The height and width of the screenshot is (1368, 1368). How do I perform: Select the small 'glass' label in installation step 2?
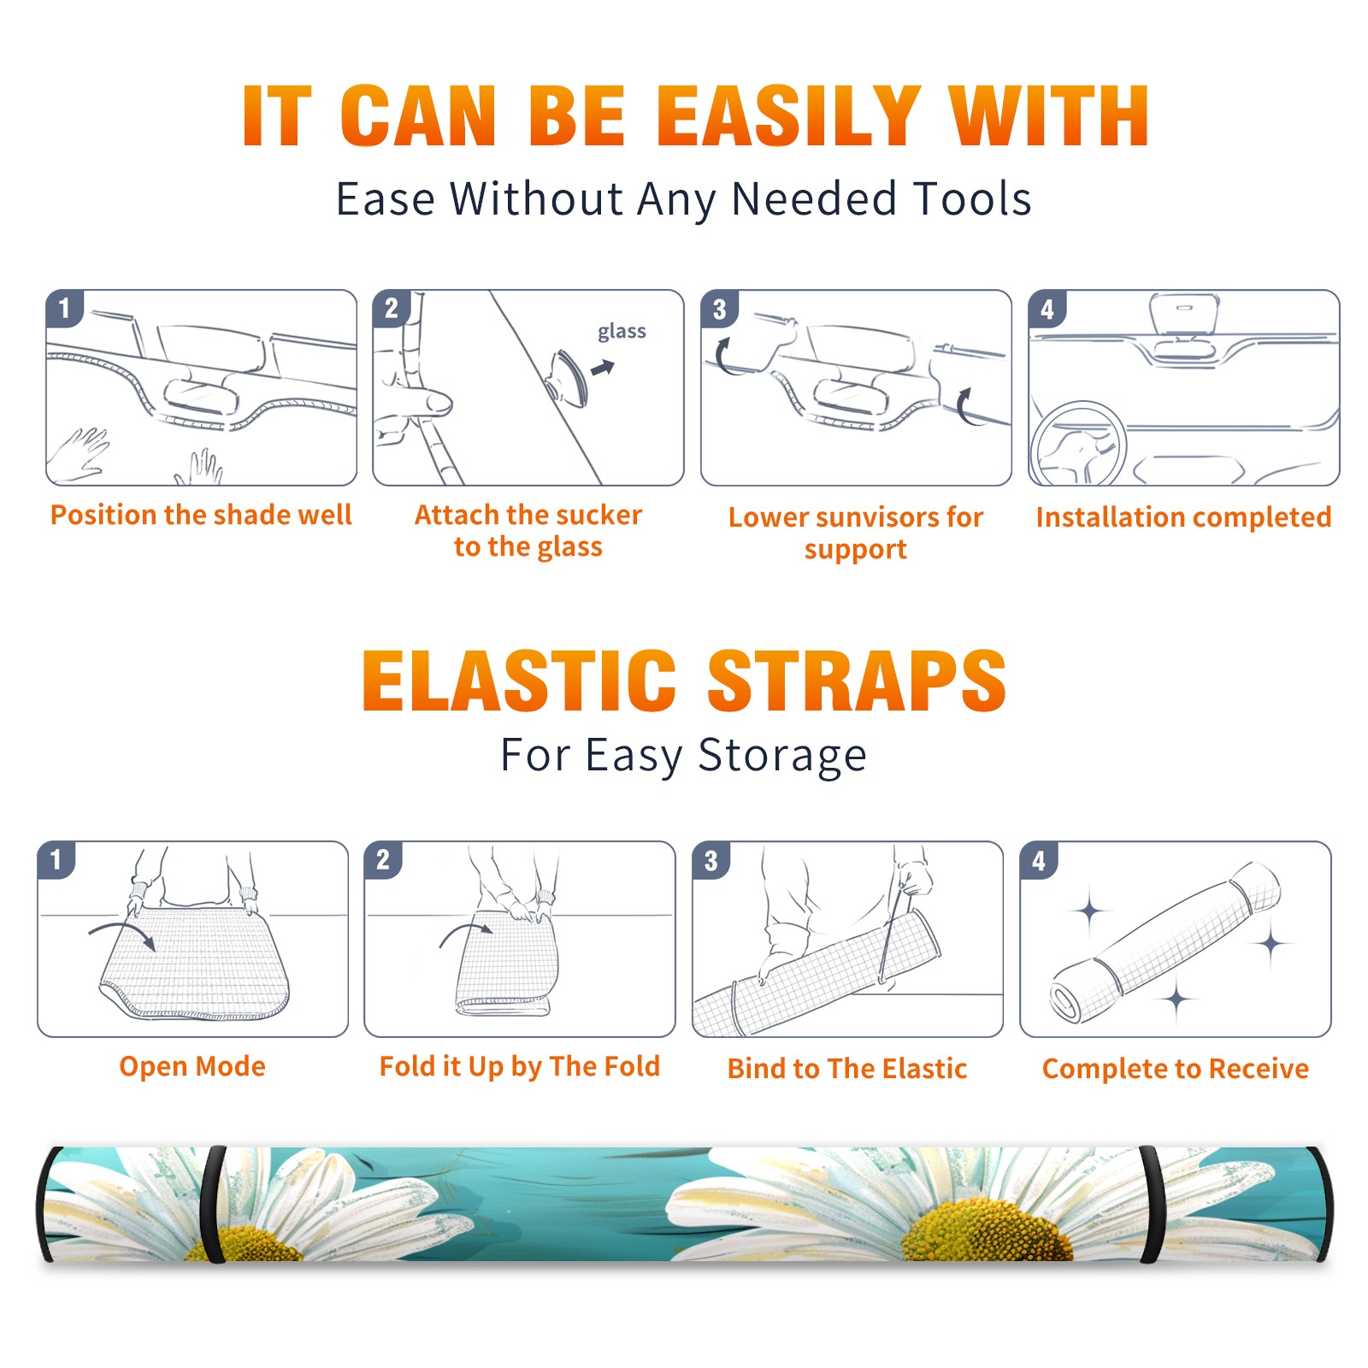(x=622, y=332)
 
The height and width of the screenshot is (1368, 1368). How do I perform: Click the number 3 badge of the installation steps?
(x=719, y=309)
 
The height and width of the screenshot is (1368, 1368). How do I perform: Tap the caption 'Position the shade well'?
(x=201, y=515)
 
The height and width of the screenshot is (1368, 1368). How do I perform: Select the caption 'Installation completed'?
(x=1183, y=517)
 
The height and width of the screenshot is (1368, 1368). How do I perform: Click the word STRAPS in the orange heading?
(x=857, y=681)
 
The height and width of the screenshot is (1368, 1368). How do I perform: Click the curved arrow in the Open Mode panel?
(x=123, y=931)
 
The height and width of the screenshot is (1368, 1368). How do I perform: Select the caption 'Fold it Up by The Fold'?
(x=520, y=1067)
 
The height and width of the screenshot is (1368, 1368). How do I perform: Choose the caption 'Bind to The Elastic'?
(x=847, y=1069)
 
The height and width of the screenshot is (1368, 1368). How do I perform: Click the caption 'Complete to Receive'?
(x=1176, y=1069)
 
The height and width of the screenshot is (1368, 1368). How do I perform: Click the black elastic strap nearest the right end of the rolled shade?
(x=1152, y=1206)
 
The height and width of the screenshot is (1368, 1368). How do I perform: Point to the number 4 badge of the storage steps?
(x=1039, y=860)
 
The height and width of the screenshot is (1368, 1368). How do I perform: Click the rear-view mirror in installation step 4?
(x=1184, y=315)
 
